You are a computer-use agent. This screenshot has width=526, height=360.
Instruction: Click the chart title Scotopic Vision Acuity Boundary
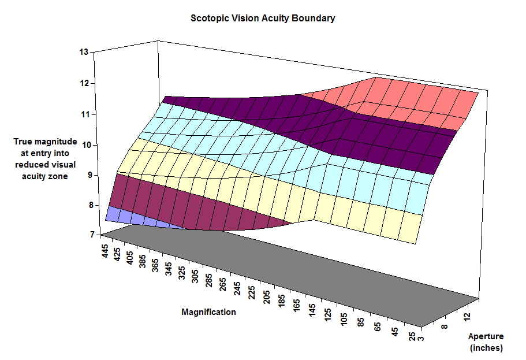point(263,18)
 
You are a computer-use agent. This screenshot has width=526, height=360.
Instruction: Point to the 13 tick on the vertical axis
point(84,52)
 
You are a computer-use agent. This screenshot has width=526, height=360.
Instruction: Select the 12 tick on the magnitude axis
point(84,83)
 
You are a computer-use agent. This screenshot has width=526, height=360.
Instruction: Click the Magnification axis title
point(208,312)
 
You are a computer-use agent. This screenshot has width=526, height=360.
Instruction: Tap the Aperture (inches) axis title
point(486,342)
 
